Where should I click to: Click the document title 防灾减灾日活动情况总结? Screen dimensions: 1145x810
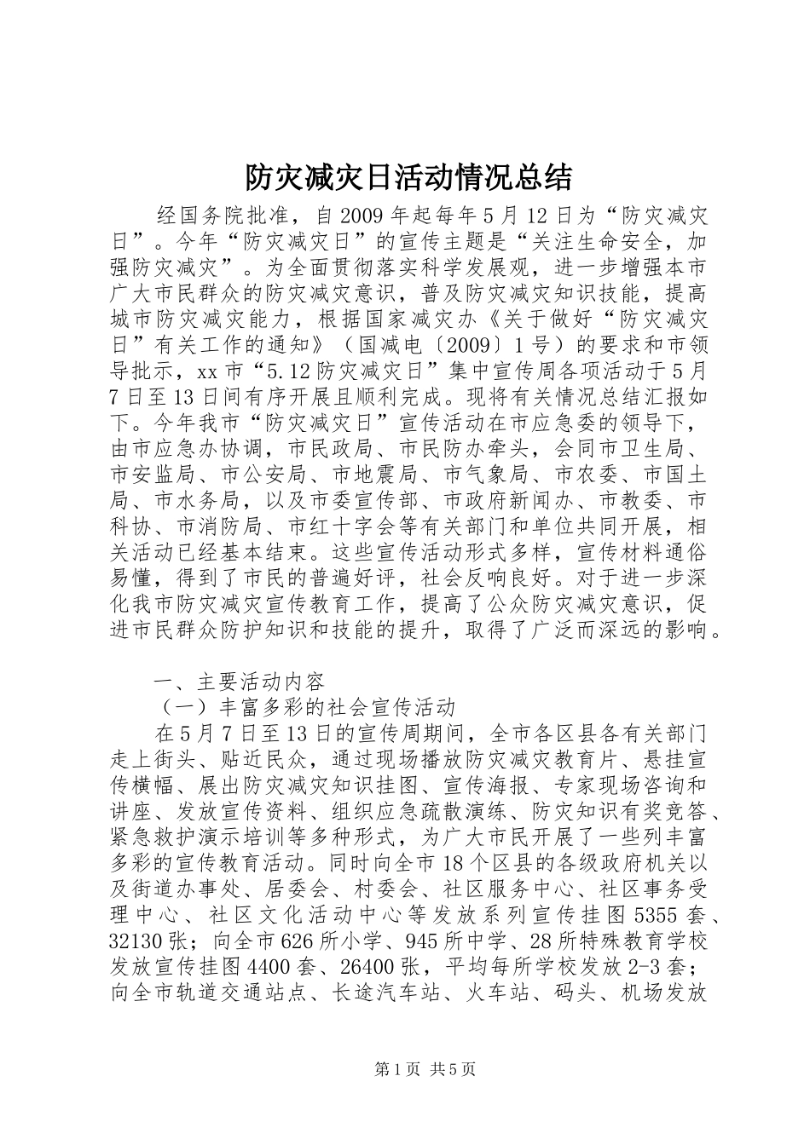pos(408,177)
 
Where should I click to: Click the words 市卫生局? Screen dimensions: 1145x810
pos(656,448)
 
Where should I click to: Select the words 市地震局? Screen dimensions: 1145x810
pos(363,475)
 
